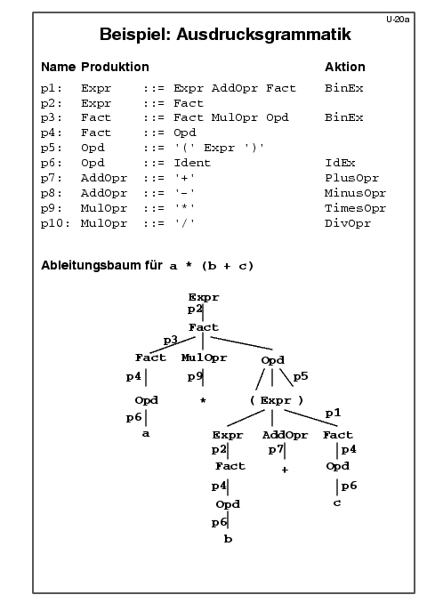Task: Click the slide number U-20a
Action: click(x=398, y=20)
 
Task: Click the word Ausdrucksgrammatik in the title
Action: click(x=263, y=34)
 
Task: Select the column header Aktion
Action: click(x=345, y=67)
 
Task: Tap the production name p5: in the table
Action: click(x=52, y=148)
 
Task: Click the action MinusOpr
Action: click(x=355, y=193)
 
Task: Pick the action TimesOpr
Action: click(x=355, y=208)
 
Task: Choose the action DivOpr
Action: click(x=348, y=223)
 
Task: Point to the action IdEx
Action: click(x=340, y=163)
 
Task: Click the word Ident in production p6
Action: click(x=192, y=163)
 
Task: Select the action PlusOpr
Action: click(x=351, y=178)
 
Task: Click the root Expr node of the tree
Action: click(x=204, y=297)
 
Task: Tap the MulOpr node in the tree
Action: click(x=205, y=358)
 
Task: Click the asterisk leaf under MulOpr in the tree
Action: click(x=203, y=400)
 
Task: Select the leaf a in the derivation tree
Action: click(x=145, y=434)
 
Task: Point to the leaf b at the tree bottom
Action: click(x=228, y=539)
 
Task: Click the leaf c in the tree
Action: click(x=337, y=502)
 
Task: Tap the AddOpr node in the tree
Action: click(x=285, y=435)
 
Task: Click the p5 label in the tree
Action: click(x=301, y=376)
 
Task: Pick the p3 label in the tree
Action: click(x=171, y=341)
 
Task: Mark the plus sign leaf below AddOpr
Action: click(x=285, y=470)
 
